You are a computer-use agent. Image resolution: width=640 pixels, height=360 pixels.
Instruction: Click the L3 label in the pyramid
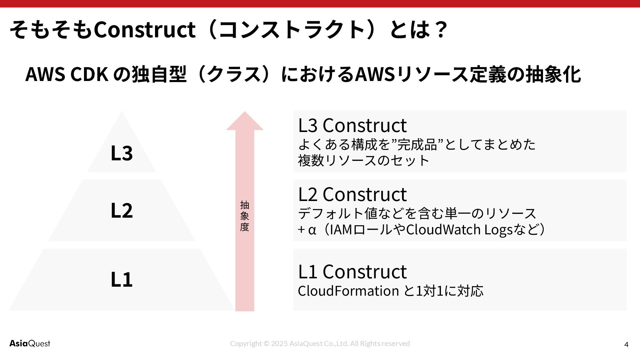click(122, 153)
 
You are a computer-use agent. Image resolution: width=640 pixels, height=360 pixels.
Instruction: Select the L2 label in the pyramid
click(122, 210)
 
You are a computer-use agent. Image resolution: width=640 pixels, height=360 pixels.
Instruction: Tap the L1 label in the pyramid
click(122, 279)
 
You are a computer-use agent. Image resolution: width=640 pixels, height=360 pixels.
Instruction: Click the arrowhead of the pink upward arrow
click(245, 121)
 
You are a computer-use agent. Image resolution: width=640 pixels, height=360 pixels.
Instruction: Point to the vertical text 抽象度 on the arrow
click(245, 216)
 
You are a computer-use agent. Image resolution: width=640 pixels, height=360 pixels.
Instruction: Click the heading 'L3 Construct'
click(352, 125)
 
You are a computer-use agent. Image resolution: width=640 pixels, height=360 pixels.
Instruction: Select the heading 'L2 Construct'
click(352, 194)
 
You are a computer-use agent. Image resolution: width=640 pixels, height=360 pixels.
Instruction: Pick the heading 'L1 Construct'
click(352, 271)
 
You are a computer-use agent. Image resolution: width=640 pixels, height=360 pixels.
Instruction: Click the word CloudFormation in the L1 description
click(348, 291)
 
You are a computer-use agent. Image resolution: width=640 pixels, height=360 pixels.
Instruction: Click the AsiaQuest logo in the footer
click(30, 343)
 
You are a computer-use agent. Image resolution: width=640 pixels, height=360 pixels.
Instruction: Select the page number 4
click(626, 344)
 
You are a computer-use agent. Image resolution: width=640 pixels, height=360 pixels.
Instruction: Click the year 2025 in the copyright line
click(279, 344)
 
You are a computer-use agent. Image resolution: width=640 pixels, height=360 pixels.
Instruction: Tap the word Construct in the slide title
click(144, 29)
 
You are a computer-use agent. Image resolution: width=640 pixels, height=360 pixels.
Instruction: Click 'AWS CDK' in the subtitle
click(67, 74)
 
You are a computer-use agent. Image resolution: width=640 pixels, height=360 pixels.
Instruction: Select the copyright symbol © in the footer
click(266, 344)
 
